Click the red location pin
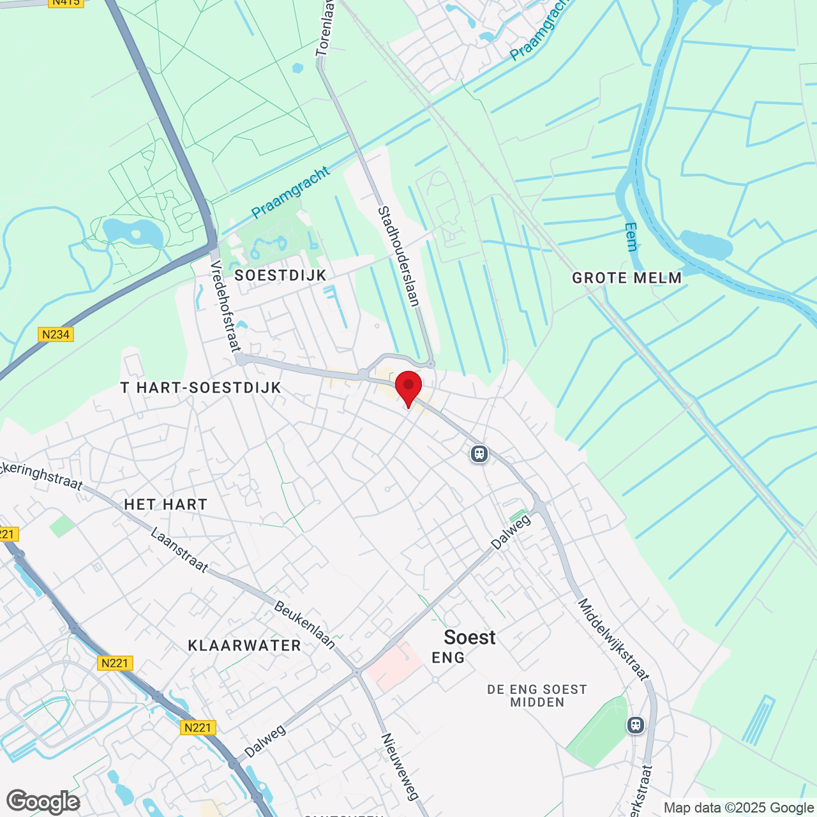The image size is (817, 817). (408, 387)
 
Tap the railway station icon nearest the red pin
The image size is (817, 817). (479, 454)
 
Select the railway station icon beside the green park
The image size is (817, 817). (635, 725)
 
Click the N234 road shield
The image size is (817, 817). (56, 334)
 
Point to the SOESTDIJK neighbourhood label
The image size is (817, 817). (280, 275)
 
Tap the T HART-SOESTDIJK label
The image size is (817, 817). (201, 387)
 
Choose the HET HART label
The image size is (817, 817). (166, 504)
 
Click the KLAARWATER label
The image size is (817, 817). (244, 645)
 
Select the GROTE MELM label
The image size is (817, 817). (627, 278)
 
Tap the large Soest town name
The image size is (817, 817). (470, 637)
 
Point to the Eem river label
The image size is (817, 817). (631, 237)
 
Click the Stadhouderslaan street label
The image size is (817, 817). (399, 256)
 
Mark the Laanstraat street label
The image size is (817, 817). (179, 550)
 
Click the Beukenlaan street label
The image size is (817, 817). (305, 624)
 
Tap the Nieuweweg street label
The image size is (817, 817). (400, 766)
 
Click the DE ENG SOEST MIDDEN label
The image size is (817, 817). (537, 696)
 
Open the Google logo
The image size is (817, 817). (43, 802)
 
